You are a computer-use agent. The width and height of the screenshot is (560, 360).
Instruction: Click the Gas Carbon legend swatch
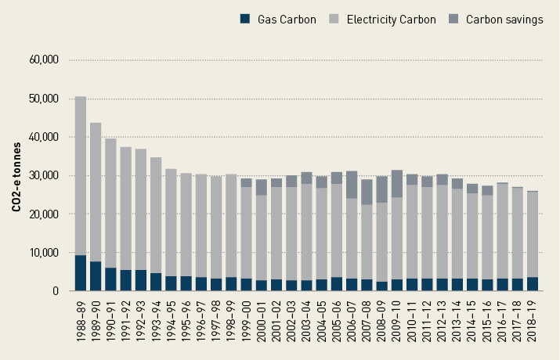click(245, 20)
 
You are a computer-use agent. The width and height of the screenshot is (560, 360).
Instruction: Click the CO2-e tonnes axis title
click(16, 175)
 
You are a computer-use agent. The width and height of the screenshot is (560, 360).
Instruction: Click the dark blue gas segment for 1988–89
click(81, 273)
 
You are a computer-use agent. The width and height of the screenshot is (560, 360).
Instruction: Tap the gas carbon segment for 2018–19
click(533, 284)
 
